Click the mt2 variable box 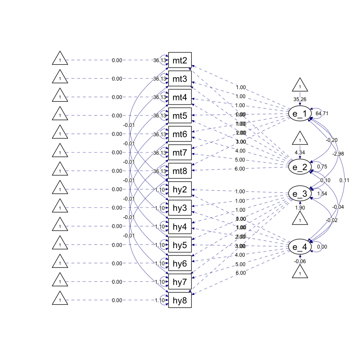click(180, 60)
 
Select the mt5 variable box click(180, 116)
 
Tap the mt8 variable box click(180, 171)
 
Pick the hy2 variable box click(180, 189)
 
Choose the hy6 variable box click(180, 263)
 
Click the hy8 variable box click(180, 300)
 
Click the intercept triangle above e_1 click(300, 86)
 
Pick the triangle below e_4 click(300, 272)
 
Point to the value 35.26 click(300, 99)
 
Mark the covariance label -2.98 click(338, 153)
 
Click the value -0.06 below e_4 click(300, 261)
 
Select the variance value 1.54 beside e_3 click(321, 194)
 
